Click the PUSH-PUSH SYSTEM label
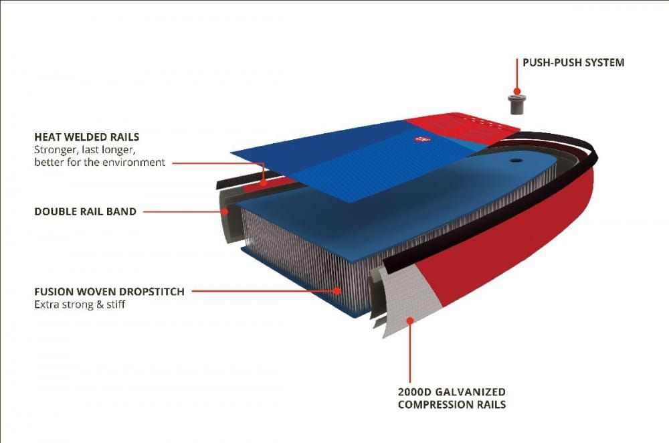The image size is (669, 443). click(573, 63)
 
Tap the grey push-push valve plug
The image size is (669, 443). click(516, 104)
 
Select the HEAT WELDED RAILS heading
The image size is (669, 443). click(86, 137)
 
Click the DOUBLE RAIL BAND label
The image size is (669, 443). click(86, 211)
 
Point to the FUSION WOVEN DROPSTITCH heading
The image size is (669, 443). click(109, 292)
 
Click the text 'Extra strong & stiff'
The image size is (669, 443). click(80, 304)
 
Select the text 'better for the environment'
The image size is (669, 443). click(100, 162)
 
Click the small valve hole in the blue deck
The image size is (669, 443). click(516, 161)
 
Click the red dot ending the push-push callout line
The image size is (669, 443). click(516, 91)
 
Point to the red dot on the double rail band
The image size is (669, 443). click(225, 211)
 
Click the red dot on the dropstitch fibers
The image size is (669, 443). click(337, 291)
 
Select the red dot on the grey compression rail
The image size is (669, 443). click(410, 320)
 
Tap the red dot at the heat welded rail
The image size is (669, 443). click(264, 183)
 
